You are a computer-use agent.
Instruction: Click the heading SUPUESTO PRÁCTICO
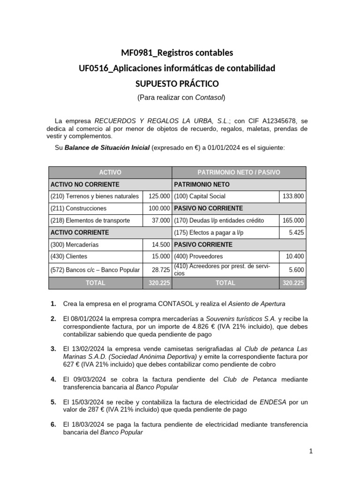[x=177, y=84]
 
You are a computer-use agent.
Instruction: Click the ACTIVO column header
[x=110, y=172]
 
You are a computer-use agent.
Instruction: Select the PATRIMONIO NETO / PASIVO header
[x=239, y=172]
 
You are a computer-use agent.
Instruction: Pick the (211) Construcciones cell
[x=78, y=208]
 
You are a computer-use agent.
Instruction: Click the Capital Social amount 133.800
[x=293, y=196]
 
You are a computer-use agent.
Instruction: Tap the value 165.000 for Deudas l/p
[x=293, y=220]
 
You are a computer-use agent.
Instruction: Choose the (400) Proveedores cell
[x=198, y=256]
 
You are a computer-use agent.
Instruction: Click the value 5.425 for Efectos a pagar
[x=296, y=232]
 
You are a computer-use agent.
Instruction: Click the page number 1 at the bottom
[x=310, y=451]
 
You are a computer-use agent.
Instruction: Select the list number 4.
[x=53, y=379]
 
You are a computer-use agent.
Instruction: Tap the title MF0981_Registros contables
[x=177, y=52]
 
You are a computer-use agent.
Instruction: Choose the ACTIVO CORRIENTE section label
[x=80, y=232]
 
